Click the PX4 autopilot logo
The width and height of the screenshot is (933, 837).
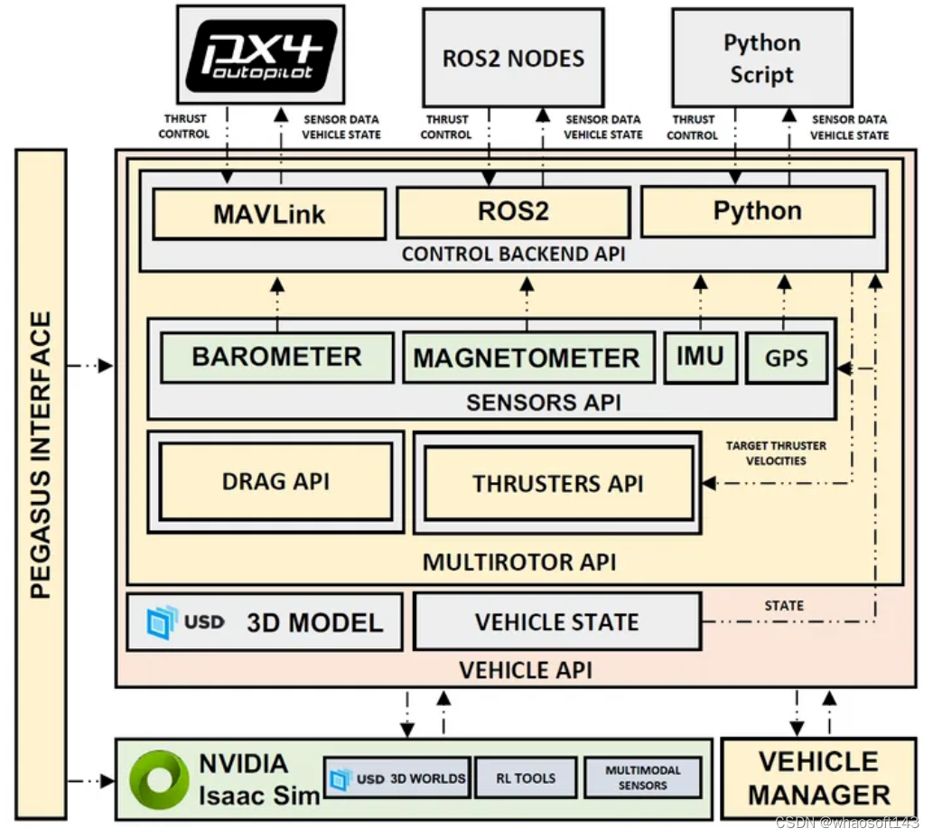click(261, 55)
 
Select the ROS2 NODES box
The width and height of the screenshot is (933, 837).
click(514, 58)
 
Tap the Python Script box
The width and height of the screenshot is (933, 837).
click(762, 58)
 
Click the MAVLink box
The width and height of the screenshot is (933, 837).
click(269, 214)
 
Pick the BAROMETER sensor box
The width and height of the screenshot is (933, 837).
click(276, 357)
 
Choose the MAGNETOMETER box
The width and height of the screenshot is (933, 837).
click(529, 358)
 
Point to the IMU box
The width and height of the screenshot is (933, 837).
click(701, 357)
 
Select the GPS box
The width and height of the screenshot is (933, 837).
click(787, 358)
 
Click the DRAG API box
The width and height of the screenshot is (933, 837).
click(276, 482)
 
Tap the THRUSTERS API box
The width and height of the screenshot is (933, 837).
click(559, 483)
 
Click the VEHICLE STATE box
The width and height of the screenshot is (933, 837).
click(557, 621)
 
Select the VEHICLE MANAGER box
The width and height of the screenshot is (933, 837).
click(819, 778)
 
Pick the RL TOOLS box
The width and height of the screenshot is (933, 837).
click(526, 777)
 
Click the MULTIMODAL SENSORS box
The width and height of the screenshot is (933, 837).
click(643, 777)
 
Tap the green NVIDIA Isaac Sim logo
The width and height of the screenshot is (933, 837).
click(160, 779)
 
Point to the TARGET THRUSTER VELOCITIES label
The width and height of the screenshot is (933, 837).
click(776, 453)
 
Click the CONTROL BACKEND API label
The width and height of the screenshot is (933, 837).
click(514, 254)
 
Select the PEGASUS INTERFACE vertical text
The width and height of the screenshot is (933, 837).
click(41, 455)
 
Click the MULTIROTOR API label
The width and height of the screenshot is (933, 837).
click(519, 563)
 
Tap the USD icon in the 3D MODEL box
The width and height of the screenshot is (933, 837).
click(162, 622)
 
